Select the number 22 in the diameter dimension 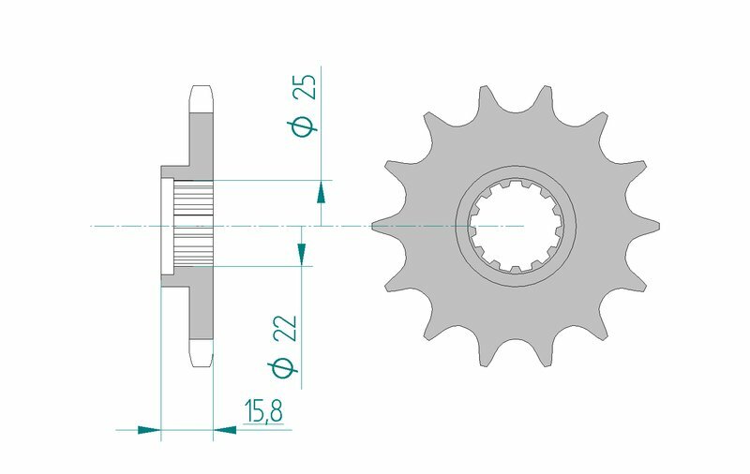(x=287, y=328)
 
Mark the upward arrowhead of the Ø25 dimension (x=321, y=193)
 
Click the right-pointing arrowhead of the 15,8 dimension (x=151, y=431)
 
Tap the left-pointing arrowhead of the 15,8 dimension (x=223, y=431)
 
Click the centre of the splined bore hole (x=516, y=226)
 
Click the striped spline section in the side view (x=195, y=226)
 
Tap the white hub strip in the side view (x=168, y=226)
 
